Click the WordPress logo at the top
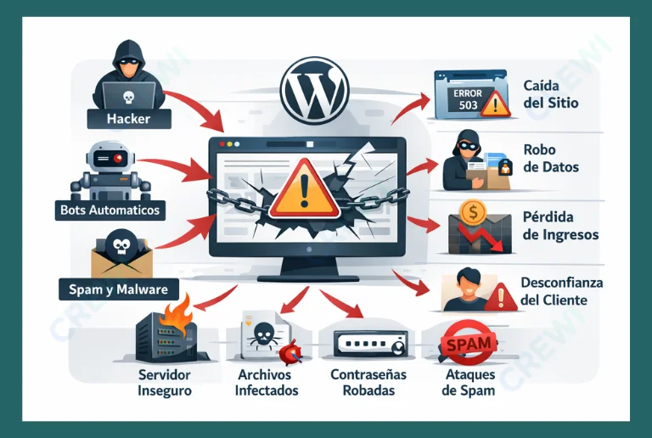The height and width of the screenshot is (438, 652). pyautogui.click(x=316, y=89)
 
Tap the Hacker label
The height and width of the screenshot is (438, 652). pyautogui.click(x=128, y=119)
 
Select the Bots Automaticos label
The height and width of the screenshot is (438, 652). pyautogui.click(x=110, y=209)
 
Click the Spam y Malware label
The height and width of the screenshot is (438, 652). pyautogui.click(x=119, y=289)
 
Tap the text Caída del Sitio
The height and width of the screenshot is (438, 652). pyautogui.click(x=551, y=94)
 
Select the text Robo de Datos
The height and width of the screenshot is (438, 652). pyautogui.click(x=551, y=158)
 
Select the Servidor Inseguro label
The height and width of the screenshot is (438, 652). pyautogui.click(x=164, y=383)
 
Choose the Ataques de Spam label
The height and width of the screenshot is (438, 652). pyautogui.click(x=470, y=383)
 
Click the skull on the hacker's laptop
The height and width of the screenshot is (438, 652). pyautogui.click(x=129, y=95)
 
